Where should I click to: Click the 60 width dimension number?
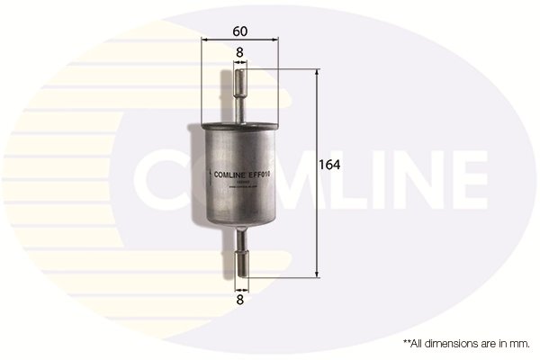pos(239,31)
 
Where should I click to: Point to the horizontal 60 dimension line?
pos(239,40)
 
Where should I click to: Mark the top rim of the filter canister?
pos(239,119)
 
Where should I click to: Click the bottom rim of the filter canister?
pos(239,225)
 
